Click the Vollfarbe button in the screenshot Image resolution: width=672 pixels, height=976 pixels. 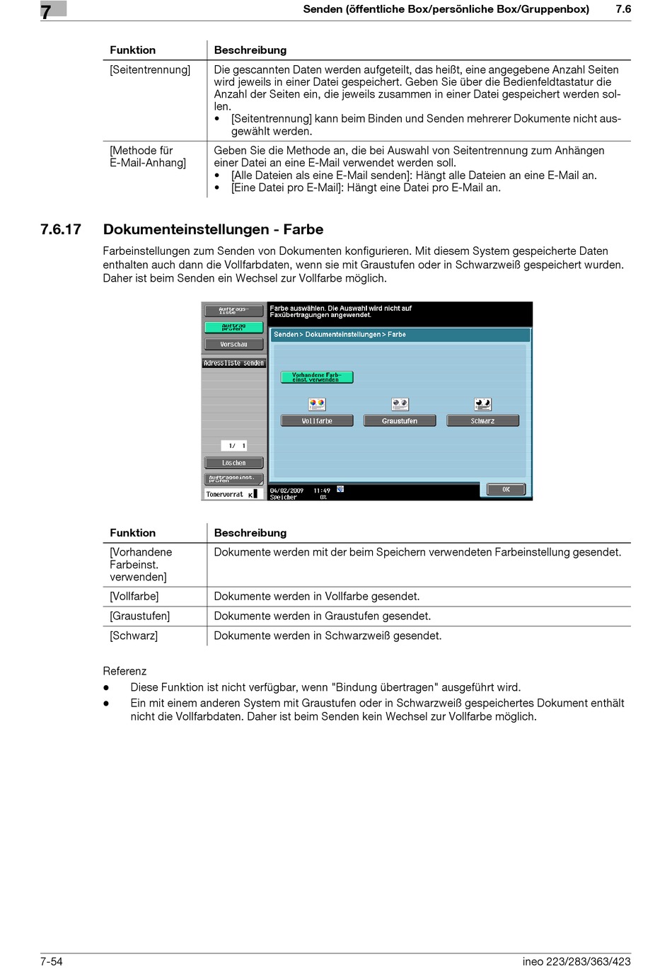click(317, 420)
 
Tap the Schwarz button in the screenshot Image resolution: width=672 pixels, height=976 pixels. click(482, 420)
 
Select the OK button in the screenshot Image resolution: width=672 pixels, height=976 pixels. click(506, 489)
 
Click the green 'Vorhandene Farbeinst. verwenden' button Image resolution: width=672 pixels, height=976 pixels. click(316, 377)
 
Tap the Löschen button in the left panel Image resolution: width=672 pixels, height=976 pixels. click(233, 463)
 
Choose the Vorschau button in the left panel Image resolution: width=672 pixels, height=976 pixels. click(233, 345)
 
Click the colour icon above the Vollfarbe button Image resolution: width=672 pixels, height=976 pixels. click(317, 404)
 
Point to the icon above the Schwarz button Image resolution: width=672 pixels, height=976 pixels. click(482, 404)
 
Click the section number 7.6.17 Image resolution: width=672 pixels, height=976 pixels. click(61, 229)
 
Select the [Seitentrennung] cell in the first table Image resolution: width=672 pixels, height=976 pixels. click(150, 69)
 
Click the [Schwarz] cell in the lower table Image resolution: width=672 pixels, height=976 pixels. click(134, 636)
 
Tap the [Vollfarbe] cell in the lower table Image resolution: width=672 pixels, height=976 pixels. click(134, 596)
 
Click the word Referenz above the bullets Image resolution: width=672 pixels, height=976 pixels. click(124, 671)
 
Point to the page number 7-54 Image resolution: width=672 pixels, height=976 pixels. click(52, 961)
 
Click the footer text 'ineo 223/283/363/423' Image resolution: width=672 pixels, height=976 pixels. click(577, 961)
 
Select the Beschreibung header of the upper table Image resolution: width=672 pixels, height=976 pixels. click(250, 50)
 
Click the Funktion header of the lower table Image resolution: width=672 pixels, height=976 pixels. click(132, 533)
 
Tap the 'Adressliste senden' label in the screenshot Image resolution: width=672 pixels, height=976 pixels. click(233, 363)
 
